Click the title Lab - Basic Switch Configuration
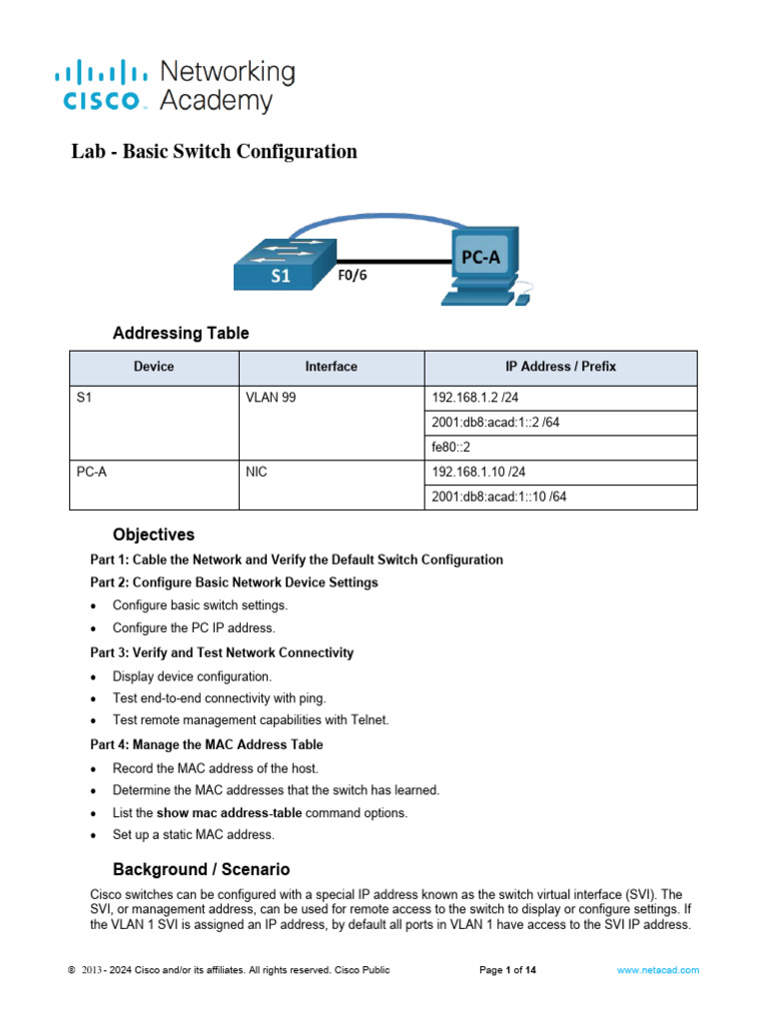point(214,152)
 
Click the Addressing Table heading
point(181,333)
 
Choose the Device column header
point(153,367)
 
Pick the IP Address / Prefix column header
point(560,367)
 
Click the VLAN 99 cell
point(271,397)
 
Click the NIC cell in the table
point(257,472)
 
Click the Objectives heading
point(154,534)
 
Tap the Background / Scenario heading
point(201,869)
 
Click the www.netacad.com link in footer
point(657,970)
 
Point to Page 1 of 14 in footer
point(508,970)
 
